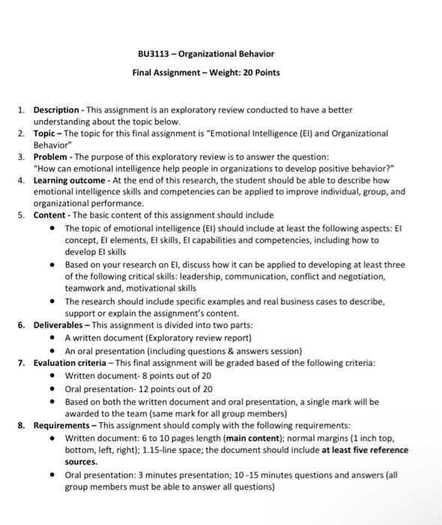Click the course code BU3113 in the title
coord(152,54)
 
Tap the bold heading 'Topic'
coord(46,133)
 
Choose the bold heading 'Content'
coord(49,214)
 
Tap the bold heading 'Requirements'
coord(62,424)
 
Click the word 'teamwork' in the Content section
coord(85,287)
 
